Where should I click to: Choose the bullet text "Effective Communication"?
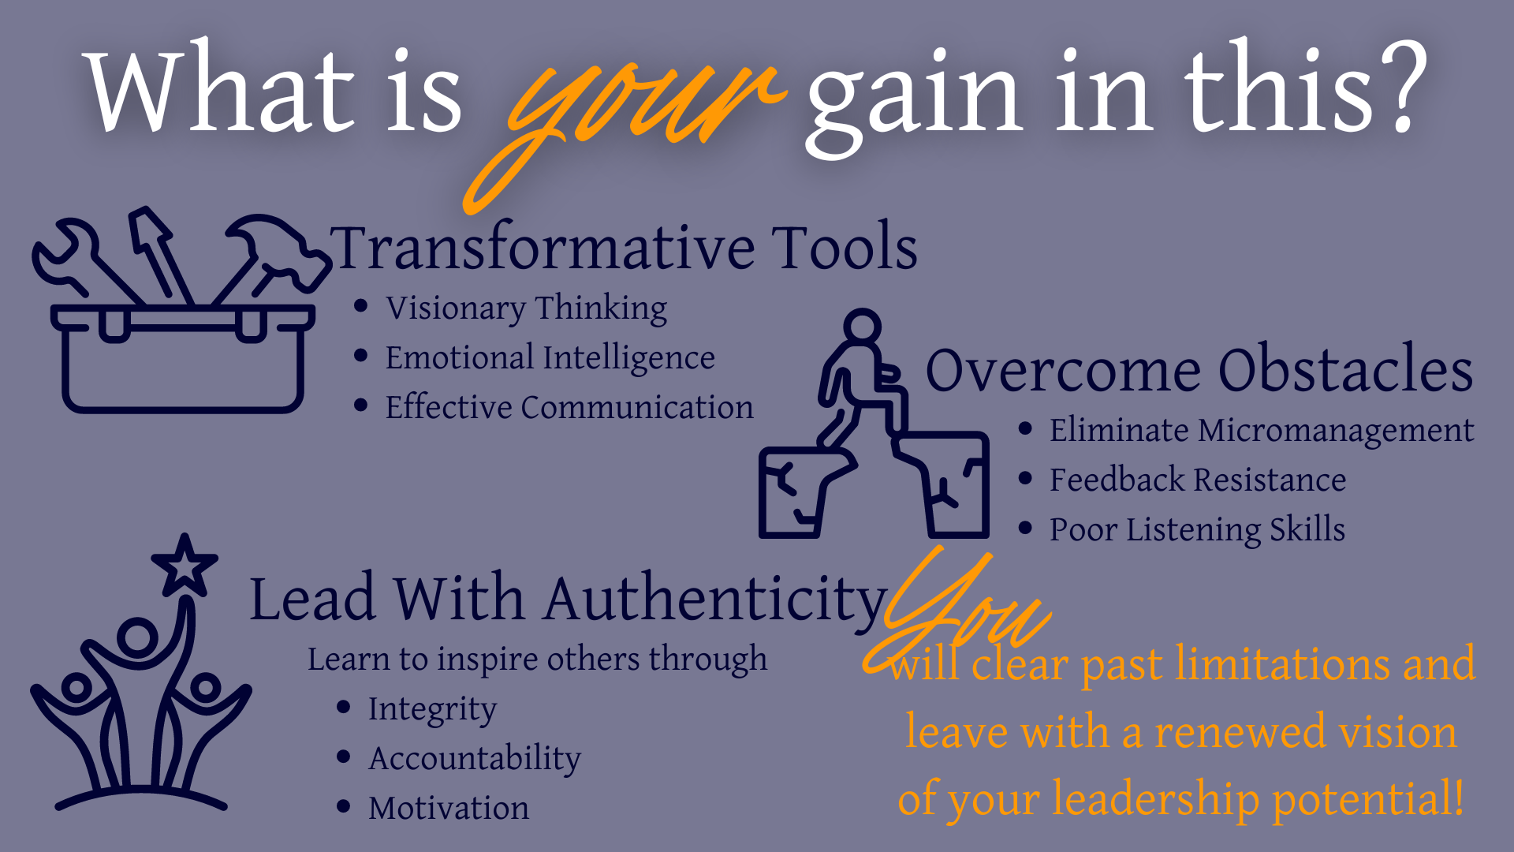[569, 407]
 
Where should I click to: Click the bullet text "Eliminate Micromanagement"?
[1262, 430]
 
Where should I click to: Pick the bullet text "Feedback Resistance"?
[1198, 480]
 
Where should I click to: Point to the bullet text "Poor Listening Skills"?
[1197, 529]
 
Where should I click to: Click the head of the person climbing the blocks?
[862, 326]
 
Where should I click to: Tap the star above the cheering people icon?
[185, 566]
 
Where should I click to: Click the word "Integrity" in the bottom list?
[432, 709]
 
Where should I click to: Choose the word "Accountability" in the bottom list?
[475, 759]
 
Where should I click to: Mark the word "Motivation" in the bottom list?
[449, 808]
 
